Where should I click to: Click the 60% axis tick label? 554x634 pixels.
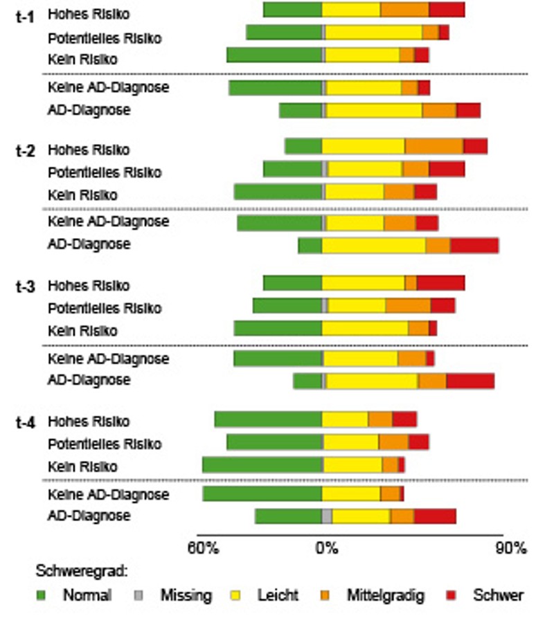[x=204, y=549]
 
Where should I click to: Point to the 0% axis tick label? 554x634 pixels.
[x=327, y=549]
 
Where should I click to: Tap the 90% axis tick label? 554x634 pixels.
[x=512, y=549]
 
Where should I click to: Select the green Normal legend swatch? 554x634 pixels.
[x=41, y=595]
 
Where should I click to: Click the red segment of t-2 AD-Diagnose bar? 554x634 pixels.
[x=474, y=246]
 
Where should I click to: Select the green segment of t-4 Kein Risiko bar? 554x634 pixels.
[x=262, y=464]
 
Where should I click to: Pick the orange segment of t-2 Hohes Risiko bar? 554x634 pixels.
[x=434, y=147]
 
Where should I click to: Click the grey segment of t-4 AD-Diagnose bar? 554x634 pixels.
[x=327, y=516]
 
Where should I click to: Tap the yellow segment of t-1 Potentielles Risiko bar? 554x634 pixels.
[x=374, y=33]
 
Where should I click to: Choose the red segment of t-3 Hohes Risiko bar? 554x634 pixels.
[x=440, y=282]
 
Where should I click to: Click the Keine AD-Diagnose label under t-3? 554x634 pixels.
[x=108, y=359]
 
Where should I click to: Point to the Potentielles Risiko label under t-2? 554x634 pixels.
[x=105, y=172]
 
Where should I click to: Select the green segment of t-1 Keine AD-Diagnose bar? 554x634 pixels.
[x=276, y=88]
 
